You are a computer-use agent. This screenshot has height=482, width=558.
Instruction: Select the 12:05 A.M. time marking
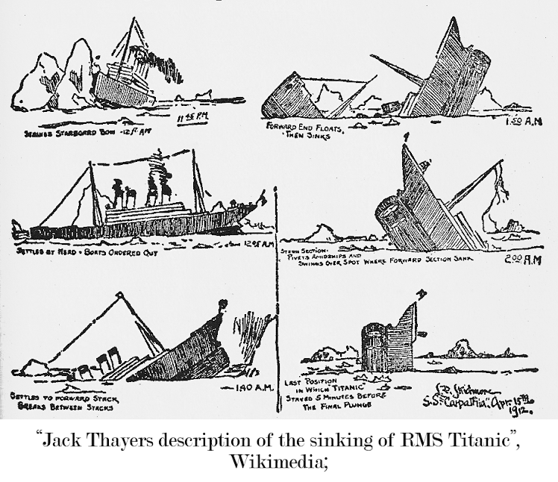click(259, 242)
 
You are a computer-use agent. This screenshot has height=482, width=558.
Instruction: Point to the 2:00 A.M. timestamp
click(523, 260)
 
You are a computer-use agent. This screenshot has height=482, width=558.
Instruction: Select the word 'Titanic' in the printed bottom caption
click(441, 439)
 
